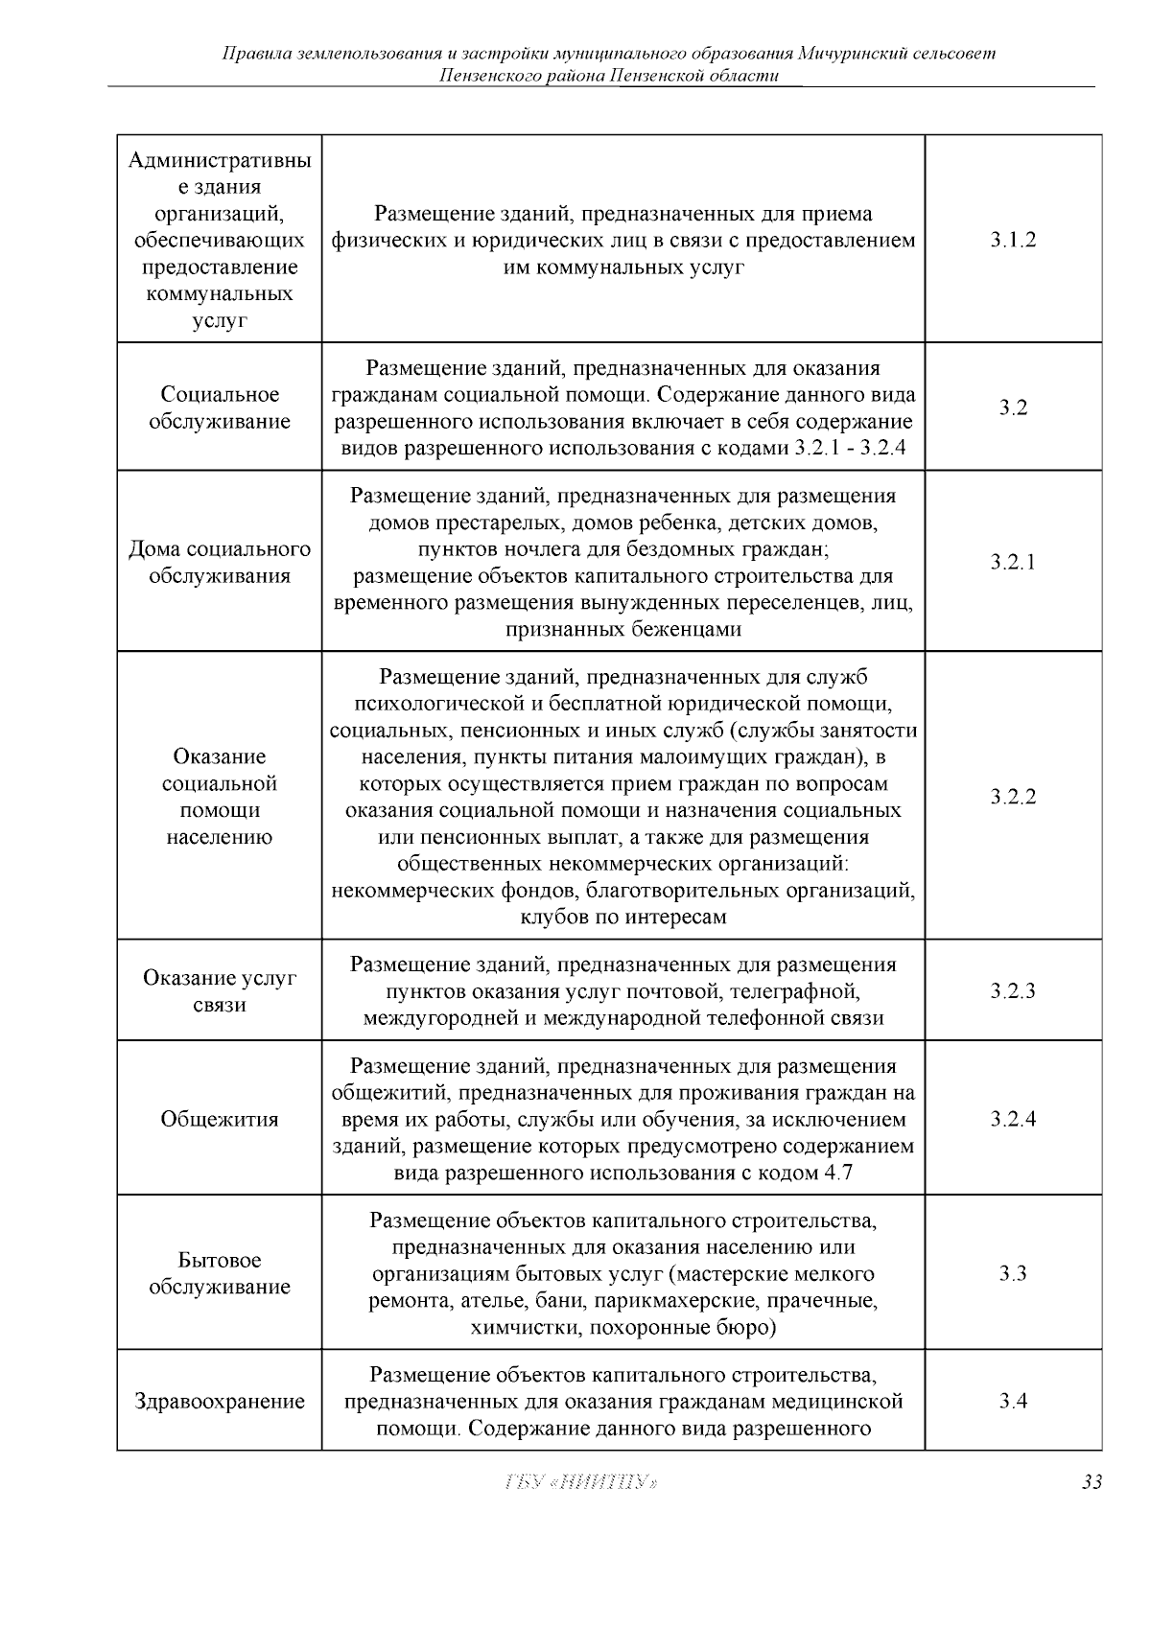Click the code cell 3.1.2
pyautogui.click(x=1013, y=240)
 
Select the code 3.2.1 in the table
pyautogui.click(x=1013, y=562)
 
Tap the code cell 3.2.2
pyautogui.click(x=1013, y=797)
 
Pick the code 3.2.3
pyautogui.click(x=1013, y=991)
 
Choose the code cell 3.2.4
pyautogui.click(x=1013, y=1119)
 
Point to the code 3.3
pyautogui.click(x=1013, y=1273)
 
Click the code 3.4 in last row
pyautogui.click(x=1013, y=1401)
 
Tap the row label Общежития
pyautogui.click(x=220, y=1119)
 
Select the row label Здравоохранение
pyautogui.click(x=220, y=1401)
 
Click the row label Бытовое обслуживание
pyautogui.click(x=220, y=1273)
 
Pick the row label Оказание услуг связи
pyautogui.click(x=220, y=991)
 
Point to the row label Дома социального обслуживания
pyautogui.click(x=220, y=562)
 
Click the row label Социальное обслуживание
pyautogui.click(x=220, y=407)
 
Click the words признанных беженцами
pyautogui.click(x=623, y=630)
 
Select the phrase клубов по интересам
pyautogui.click(x=623, y=917)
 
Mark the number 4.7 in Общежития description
pyautogui.click(x=837, y=1173)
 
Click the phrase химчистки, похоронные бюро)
pyautogui.click(x=623, y=1328)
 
